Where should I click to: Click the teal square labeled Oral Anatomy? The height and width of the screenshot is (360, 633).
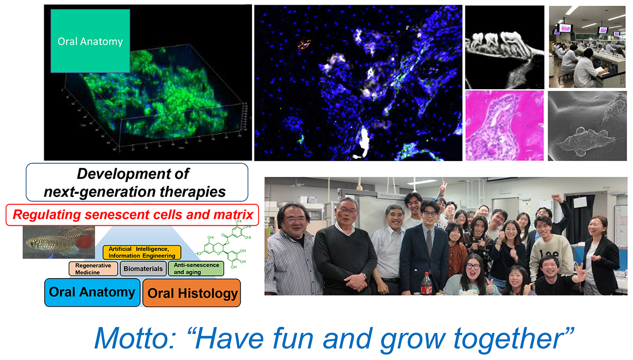point(90,41)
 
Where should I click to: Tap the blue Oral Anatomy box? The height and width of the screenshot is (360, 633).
point(92,292)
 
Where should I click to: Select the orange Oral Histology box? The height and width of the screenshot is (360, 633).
point(191,293)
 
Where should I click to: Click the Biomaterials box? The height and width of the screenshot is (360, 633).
point(143,269)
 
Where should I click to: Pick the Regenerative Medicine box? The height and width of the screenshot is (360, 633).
point(93,269)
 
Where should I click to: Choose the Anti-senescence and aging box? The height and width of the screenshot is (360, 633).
point(196,268)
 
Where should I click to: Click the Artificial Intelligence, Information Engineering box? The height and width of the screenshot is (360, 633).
point(142,252)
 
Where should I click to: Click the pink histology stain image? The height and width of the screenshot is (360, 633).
point(505,126)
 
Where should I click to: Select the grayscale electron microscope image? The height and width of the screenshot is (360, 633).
point(587,126)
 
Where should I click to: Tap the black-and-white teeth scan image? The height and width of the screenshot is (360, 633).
point(505,47)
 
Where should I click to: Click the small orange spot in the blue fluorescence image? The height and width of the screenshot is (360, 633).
point(304,44)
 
